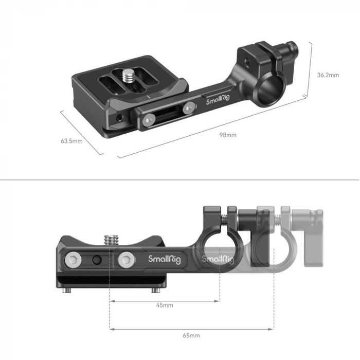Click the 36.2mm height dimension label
click(328, 75)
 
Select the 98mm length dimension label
click(228, 135)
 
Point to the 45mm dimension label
click(165, 305)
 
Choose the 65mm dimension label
click(191, 335)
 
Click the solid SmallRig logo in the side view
click(164, 259)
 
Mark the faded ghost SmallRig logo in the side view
click(217, 259)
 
